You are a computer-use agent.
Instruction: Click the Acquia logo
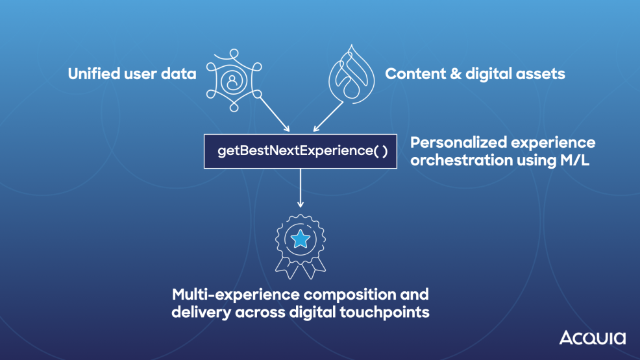pos(592,338)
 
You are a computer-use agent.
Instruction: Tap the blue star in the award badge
pos(300,240)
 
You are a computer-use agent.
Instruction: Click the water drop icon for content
pos(351,73)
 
